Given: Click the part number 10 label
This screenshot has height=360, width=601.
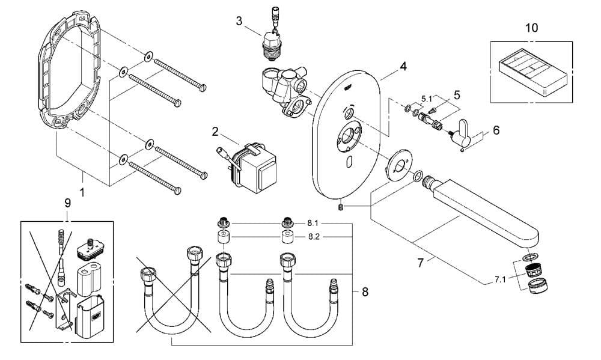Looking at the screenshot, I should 531,28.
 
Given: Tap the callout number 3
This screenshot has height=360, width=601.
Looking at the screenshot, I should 239,21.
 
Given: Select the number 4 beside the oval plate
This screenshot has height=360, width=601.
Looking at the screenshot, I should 403,66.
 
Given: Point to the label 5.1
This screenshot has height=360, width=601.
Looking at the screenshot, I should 427,98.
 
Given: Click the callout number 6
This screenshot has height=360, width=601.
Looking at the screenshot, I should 496,130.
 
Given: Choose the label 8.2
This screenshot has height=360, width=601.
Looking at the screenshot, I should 314,237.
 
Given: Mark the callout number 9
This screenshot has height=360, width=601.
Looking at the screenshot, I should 67,203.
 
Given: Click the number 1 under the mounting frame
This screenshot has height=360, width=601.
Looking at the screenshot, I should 82,194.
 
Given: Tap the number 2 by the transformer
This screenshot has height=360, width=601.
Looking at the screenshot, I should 215,132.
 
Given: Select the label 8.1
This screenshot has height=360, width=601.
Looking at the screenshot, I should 314,223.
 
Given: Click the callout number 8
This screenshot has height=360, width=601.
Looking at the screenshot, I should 365,292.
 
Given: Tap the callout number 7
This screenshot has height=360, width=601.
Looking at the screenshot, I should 421,263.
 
